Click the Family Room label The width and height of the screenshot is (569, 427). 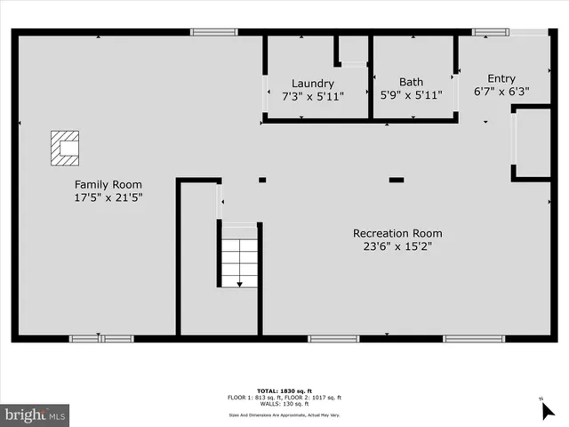[x=108, y=184]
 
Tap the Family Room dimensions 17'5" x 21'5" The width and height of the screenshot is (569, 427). [x=108, y=197]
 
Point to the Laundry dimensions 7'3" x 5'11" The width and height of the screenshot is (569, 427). [x=313, y=96]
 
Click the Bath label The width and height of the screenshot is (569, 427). [x=411, y=83]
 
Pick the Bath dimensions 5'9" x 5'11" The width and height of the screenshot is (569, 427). [x=411, y=96]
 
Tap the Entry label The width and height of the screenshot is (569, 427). [x=501, y=78]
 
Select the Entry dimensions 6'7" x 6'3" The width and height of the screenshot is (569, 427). [x=501, y=91]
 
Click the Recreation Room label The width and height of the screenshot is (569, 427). [x=397, y=233]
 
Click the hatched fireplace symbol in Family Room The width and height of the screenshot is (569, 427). [x=65, y=148]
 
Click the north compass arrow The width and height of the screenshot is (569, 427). [x=548, y=409]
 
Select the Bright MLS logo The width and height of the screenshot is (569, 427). [x=35, y=414]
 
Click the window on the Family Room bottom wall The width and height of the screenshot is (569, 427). [x=101, y=338]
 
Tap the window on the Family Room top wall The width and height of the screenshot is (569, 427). [x=213, y=33]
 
